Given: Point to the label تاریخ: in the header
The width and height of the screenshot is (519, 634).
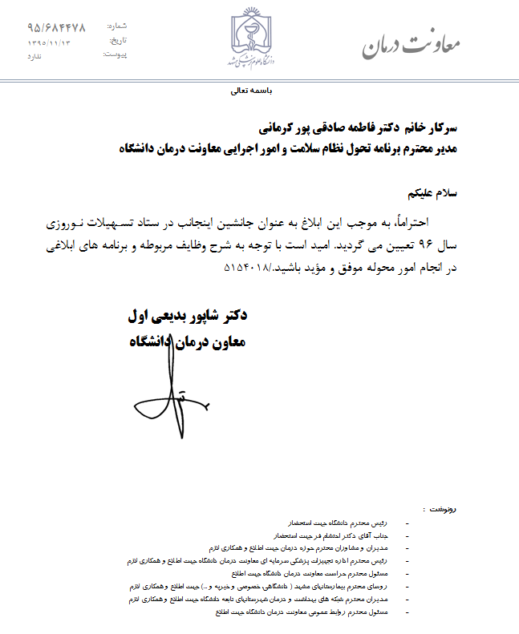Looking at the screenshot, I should [118, 40].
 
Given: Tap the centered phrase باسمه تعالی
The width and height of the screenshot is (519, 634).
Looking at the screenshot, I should [252, 91].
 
